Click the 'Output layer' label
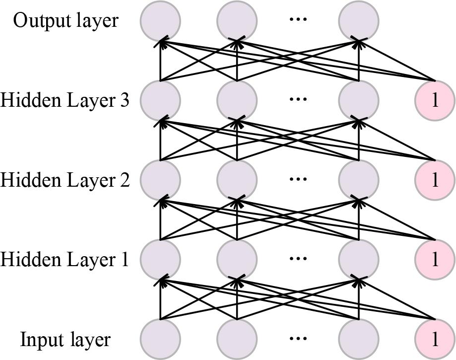(x=65, y=21)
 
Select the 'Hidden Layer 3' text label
(x=65, y=100)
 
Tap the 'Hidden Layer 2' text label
(x=65, y=180)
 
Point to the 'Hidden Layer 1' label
(x=65, y=259)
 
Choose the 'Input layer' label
(x=65, y=340)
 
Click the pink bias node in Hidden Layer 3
(x=435, y=100)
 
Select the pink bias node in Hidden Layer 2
(x=435, y=180)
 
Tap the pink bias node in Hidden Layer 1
(x=435, y=259)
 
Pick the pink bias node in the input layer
(x=435, y=340)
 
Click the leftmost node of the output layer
(x=160, y=21)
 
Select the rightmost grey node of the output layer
(x=358, y=21)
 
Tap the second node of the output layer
(x=237, y=21)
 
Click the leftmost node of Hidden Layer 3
(x=160, y=100)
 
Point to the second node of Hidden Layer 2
(x=237, y=180)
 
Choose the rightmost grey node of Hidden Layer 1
(x=358, y=259)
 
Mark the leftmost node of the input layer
(x=160, y=340)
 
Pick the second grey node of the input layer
(x=237, y=340)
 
